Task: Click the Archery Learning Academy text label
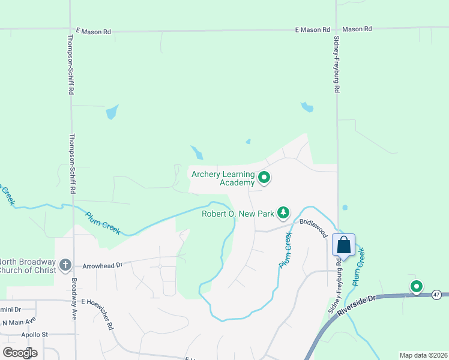click(223, 178)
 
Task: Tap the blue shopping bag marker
click(343, 245)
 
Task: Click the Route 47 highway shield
click(437, 295)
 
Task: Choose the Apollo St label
click(34, 334)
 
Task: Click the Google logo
click(20, 352)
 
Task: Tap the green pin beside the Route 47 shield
click(416, 287)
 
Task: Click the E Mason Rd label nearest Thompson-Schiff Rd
click(95, 29)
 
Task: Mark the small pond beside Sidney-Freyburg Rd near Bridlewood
click(345, 208)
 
